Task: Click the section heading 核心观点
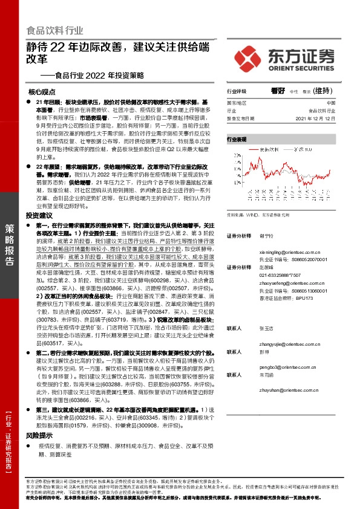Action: click(x=42, y=93)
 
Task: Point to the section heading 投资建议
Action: click(x=40, y=216)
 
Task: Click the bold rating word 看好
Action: click(x=278, y=91)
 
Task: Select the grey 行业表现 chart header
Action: click(x=237, y=139)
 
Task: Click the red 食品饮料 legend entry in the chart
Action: click(x=267, y=148)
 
